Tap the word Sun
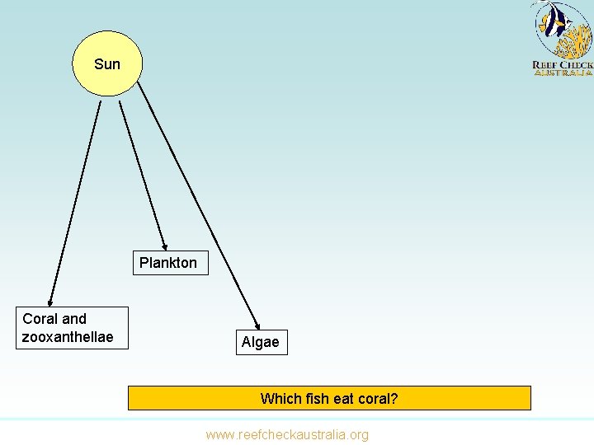coord(107,64)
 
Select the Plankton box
coord(168,263)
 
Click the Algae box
coord(260,342)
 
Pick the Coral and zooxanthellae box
coord(73,328)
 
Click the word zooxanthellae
coord(68,337)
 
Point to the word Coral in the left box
coord(40,319)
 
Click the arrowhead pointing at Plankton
coord(165,245)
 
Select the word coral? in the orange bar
coord(377,399)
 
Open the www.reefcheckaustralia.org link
coord(287,434)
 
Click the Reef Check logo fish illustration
coord(563,29)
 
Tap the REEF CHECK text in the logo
coord(563,64)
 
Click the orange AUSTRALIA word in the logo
coord(563,73)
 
